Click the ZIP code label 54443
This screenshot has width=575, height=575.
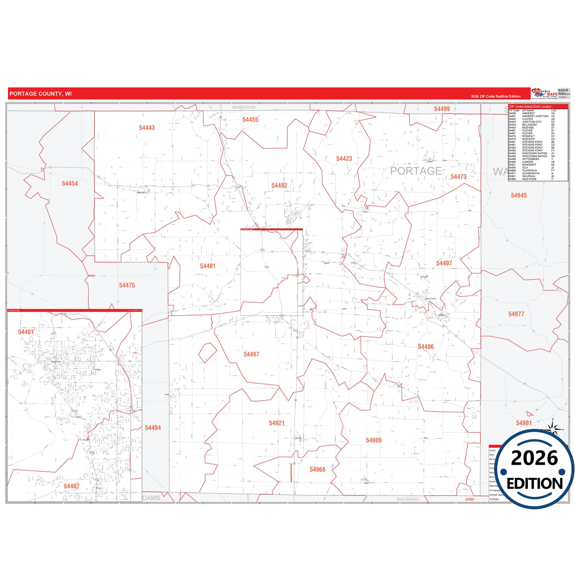coord(147,128)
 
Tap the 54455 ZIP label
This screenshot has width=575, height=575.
coord(250,120)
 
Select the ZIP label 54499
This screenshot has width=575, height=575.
coord(442,109)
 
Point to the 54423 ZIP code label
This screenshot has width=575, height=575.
coord(344,159)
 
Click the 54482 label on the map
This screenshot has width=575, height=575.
coord(279,185)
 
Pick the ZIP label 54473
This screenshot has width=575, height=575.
coord(458,177)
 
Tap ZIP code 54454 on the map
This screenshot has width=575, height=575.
coord(70,183)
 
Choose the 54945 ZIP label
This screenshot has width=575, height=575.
coord(518,195)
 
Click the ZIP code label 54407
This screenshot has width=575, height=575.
coord(444,263)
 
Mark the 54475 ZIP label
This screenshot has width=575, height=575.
coord(127,285)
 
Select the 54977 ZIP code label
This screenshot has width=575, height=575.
coord(516,314)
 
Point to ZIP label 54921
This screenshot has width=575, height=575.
coord(277,423)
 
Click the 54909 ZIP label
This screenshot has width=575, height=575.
coord(374,440)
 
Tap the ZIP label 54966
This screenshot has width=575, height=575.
coord(317,470)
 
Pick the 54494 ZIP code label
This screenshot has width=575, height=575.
coord(153,428)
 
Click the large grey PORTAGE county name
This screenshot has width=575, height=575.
coord(415,171)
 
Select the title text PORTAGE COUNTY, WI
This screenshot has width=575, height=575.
coord(41,94)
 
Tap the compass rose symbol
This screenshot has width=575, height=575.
coord(553,429)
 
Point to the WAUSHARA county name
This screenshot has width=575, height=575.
coord(407,499)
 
